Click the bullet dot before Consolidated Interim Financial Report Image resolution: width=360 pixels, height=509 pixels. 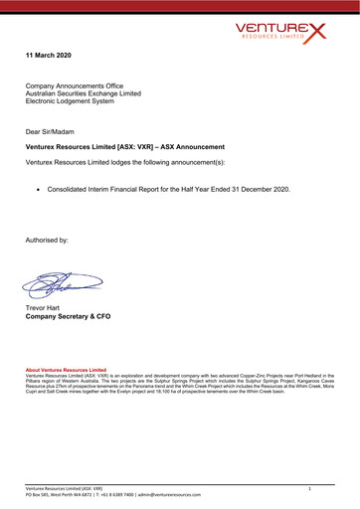[x=38, y=188]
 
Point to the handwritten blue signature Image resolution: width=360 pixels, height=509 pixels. [x=63, y=286]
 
